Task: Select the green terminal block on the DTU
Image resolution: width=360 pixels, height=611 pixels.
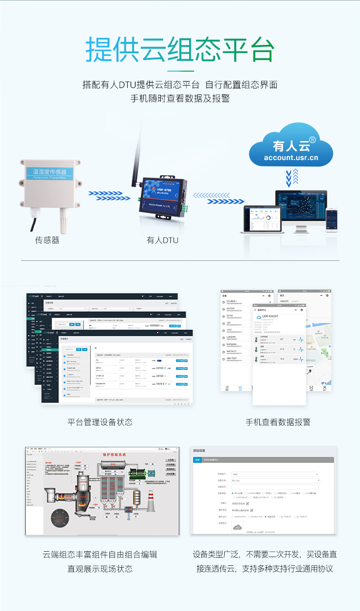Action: (x=185, y=208)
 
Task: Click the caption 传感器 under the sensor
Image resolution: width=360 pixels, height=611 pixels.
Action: (x=47, y=240)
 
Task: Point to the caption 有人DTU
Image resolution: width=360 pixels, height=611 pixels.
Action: (x=163, y=240)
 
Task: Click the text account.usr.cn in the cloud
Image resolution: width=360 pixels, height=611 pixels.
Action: (x=291, y=158)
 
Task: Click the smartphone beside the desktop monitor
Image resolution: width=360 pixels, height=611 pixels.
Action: (x=332, y=221)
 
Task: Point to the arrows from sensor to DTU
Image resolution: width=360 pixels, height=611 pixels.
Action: (x=105, y=196)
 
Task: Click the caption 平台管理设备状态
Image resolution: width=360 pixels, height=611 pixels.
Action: (x=100, y=422)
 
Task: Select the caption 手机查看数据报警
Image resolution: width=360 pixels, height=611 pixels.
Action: (x=278, y=422)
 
